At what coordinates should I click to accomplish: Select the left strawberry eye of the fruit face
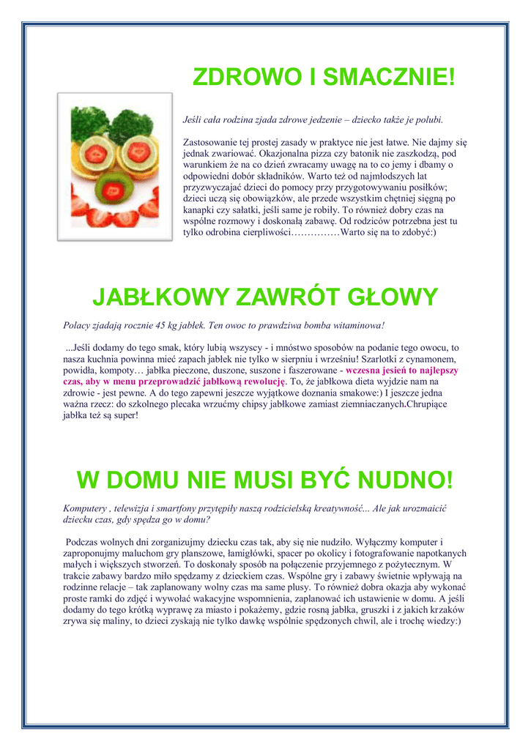click(94, 154)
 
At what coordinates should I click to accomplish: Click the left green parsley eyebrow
click(89, 121)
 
